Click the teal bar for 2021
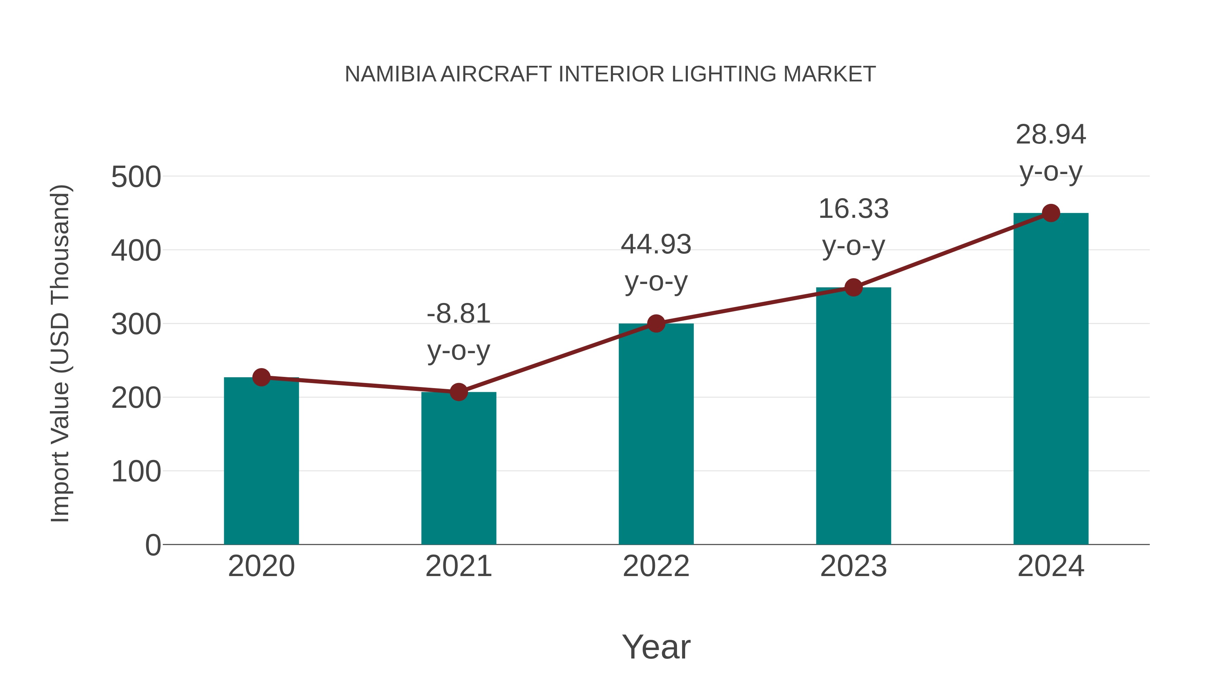(x=458, y=470)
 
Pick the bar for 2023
(x=853, y=417)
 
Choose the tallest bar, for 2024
(x=1051, y=379)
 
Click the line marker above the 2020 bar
(x=261, y=377)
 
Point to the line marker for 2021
(x=458, y=392)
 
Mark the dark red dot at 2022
(x=656, y=324)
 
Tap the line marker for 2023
(x=853, y=287)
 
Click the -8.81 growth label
(x=458, y=314)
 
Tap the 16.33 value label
(x=853, y=209)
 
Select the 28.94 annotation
(x=1051, y=135)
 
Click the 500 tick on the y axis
(x=136, y=177)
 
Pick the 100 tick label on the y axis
(x=136, y=472)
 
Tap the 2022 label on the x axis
(x=656, y=566)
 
